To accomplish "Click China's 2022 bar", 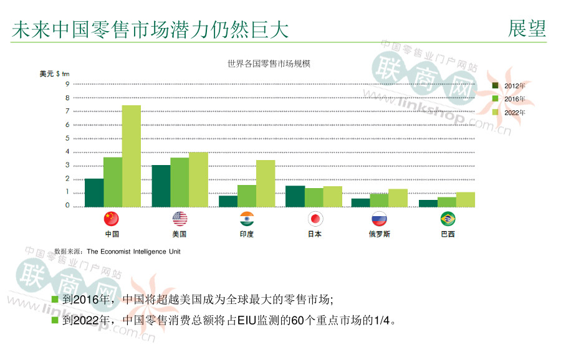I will (x=131, y=156).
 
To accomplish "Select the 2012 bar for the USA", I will (x=161, y=186).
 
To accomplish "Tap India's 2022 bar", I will (x=266, y=183).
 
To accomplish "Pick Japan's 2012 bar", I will (x=295, y=196).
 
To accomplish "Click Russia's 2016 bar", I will (x=379, y=200).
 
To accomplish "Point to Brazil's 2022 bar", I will (x=465, y=199).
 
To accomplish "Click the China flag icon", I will (x=111, y=219).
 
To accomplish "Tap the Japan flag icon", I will (x=315, y=219).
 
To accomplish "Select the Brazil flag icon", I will (x=448, y=219).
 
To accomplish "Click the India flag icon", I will (x=247, y=219).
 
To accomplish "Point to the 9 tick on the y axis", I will (x=67, y=84).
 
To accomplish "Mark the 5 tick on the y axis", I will (x=67, y=138).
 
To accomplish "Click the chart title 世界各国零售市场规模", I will (x=269, y=64).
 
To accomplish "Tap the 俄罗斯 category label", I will (x=379, y=234).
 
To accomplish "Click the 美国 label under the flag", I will (x=179, y=234).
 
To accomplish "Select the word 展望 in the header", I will (x=527, y=29).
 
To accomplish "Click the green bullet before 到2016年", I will (x=55, y=300).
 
